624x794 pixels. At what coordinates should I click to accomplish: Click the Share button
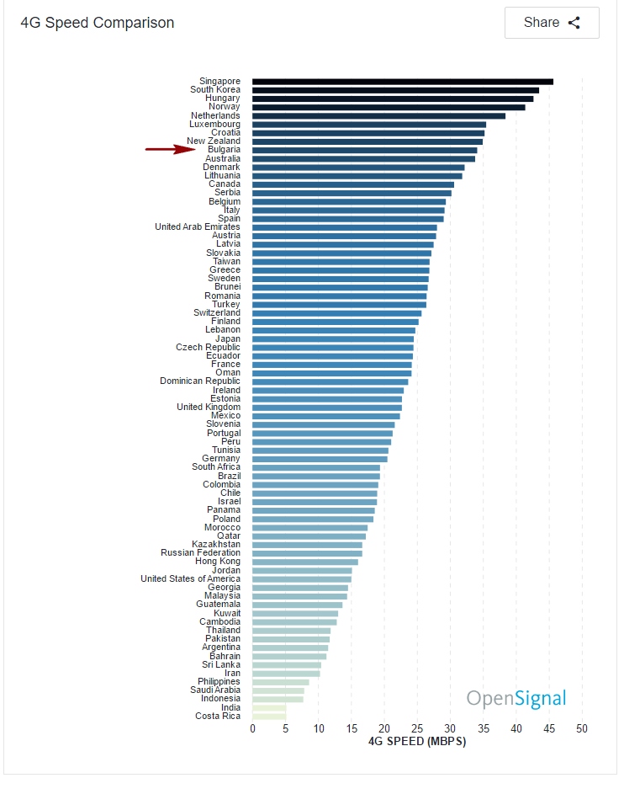pyautogui.click(x=552, y=23)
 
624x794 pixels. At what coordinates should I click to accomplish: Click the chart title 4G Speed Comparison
pyautogui.click(x=98, y=23)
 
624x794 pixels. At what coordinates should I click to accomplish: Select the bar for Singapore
pyautogui.click(x=402, y=82)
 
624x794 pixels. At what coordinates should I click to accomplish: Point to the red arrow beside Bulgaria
pyautogui.click(x=171, y=150)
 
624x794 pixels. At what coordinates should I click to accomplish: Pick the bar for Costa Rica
pyautogui.click(x=269, y=716)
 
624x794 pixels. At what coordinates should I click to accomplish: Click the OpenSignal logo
pyautogui.click(x=516, y=698)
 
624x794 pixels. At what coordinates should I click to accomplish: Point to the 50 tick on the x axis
pyautogui.click(x=581, y=728)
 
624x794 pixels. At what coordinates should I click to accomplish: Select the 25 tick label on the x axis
pyautogui.click(x=417, y=728)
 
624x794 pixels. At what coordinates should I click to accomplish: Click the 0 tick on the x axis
pyautogui.click(x=252, y=728)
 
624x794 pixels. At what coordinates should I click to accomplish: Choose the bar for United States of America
pyautogui.click(x=301, y=578)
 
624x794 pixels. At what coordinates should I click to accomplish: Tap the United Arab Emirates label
pyautogui.click(x=197, y=226)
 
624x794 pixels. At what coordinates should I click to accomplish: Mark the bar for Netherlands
pyautogui.click(x=378, y=115)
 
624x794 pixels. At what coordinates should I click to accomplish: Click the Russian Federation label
pyautogui.click(x=200, y=553)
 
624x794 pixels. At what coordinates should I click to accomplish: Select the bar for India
pyautogui.click(x=269, y=707)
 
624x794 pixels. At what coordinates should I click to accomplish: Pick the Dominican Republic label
pyautogui.click(x=199, y=381)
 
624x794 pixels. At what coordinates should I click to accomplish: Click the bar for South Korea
pyautogui.click(x=395, y=90)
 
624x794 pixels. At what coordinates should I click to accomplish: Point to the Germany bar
pyautogui.click(x=320, y=459)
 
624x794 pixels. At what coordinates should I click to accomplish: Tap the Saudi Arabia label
pyautogui.click(x=214, y=690)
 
